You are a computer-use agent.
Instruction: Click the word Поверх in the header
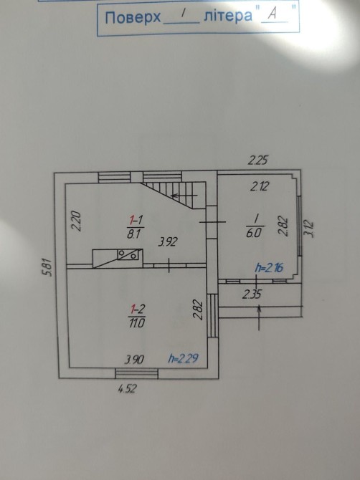[133, 17]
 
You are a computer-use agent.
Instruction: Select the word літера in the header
[228, 15]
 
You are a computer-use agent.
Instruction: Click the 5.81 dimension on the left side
[49, 267]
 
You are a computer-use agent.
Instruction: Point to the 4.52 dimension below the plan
[127, 389]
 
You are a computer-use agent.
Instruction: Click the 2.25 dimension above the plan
[258, 160]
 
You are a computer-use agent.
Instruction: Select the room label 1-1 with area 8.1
[135, 227]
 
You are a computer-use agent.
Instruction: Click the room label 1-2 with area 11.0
[137, 317]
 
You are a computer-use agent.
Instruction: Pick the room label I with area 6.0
[255, 226]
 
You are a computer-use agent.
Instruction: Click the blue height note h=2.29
[183, 358]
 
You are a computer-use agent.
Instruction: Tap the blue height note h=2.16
[269, 268]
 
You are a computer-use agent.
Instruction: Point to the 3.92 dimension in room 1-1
[168, 242]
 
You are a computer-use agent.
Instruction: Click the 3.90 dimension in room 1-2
[134, 360]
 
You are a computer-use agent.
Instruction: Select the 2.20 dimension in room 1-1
[76, 221]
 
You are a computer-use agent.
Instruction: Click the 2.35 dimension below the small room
[252, 294]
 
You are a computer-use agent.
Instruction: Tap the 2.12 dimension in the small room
[259, 186]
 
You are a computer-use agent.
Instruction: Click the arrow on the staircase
[184, 196]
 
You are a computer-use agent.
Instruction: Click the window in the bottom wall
[137, 373]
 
